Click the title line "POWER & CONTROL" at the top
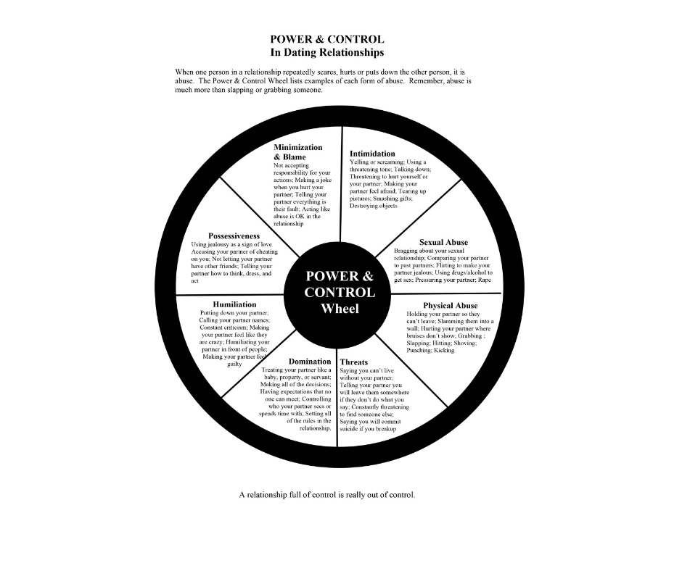coord(326,39)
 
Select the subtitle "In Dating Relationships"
coord(326,52)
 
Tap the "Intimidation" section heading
coord(372,154)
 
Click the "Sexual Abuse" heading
coord(443,242)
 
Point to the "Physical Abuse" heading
coord(450,306)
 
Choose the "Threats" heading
coord(353,362)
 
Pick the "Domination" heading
coord(310,362)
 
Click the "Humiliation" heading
coord(234,304)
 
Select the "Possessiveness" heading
coord(234,236)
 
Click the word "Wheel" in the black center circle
coord(340,308)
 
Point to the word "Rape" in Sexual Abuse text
coord(484,279)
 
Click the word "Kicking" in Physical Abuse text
coord(444,350)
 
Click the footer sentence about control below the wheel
coord(327,495)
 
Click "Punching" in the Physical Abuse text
coord(419,350)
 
